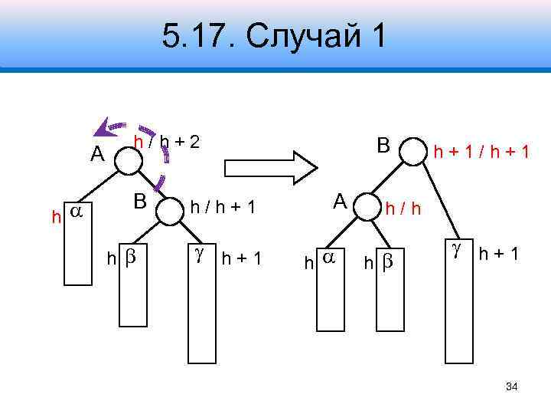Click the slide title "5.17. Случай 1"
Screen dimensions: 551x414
tap(275, 36)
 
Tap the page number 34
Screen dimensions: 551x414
tap(512, 386)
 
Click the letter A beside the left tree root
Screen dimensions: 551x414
tap(96, 154)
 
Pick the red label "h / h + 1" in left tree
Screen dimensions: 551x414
tap(222, 206)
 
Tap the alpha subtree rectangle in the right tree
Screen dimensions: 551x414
tap(330, 283)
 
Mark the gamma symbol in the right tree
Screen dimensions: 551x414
tap(457, 250)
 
